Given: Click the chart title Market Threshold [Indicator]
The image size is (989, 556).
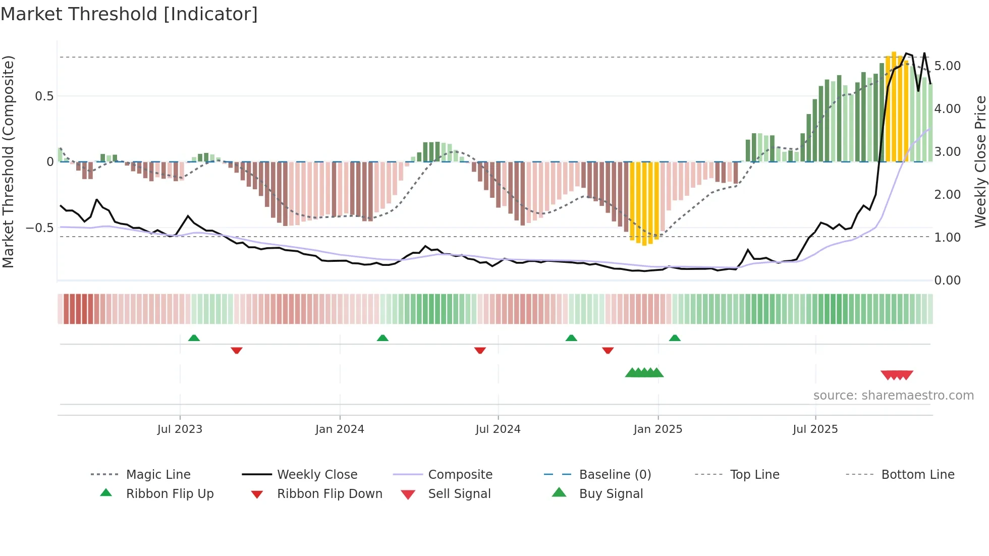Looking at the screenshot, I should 129,14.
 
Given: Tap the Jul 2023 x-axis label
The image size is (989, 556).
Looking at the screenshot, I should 180,429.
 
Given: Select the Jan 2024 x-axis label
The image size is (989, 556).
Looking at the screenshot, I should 340,429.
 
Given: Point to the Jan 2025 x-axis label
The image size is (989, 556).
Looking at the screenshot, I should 658,429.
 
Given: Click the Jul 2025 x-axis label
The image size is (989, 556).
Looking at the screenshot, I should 815,429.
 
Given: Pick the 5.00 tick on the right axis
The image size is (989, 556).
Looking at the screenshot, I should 947,66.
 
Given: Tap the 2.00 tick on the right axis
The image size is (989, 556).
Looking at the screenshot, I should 947,195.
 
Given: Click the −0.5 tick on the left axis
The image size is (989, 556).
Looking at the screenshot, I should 39,228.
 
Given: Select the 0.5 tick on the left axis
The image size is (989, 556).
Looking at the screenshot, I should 44,96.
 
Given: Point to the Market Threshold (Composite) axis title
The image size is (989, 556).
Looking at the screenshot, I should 8,161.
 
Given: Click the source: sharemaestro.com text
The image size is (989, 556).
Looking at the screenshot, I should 893,396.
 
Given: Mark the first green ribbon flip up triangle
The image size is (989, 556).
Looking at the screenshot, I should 194,338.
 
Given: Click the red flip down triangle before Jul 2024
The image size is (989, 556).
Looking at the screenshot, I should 480,350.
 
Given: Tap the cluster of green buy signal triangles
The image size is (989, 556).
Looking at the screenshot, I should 644,373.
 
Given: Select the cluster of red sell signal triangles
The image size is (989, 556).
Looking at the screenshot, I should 897,375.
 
